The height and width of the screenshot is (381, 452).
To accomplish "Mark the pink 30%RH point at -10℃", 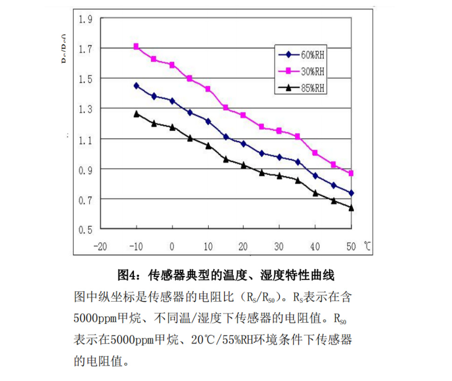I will [x=136, y=46].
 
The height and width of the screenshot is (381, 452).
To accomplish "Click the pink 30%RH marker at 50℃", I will [x=351, y=173].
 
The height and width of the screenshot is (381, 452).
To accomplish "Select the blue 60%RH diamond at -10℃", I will [x=136, y=85].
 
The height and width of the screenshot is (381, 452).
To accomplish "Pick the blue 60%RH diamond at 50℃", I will [x=351, y=193].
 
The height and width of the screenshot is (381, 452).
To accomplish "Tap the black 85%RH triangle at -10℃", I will [x=136, y=113].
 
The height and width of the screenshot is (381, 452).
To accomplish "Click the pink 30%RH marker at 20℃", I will [x=243, y=115].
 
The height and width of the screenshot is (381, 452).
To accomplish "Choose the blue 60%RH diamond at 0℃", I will [x=172, y=101].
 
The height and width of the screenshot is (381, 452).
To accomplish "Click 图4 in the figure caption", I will [x=127, y=275].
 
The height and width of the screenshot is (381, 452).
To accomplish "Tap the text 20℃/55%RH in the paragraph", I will [x=215, y=339].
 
